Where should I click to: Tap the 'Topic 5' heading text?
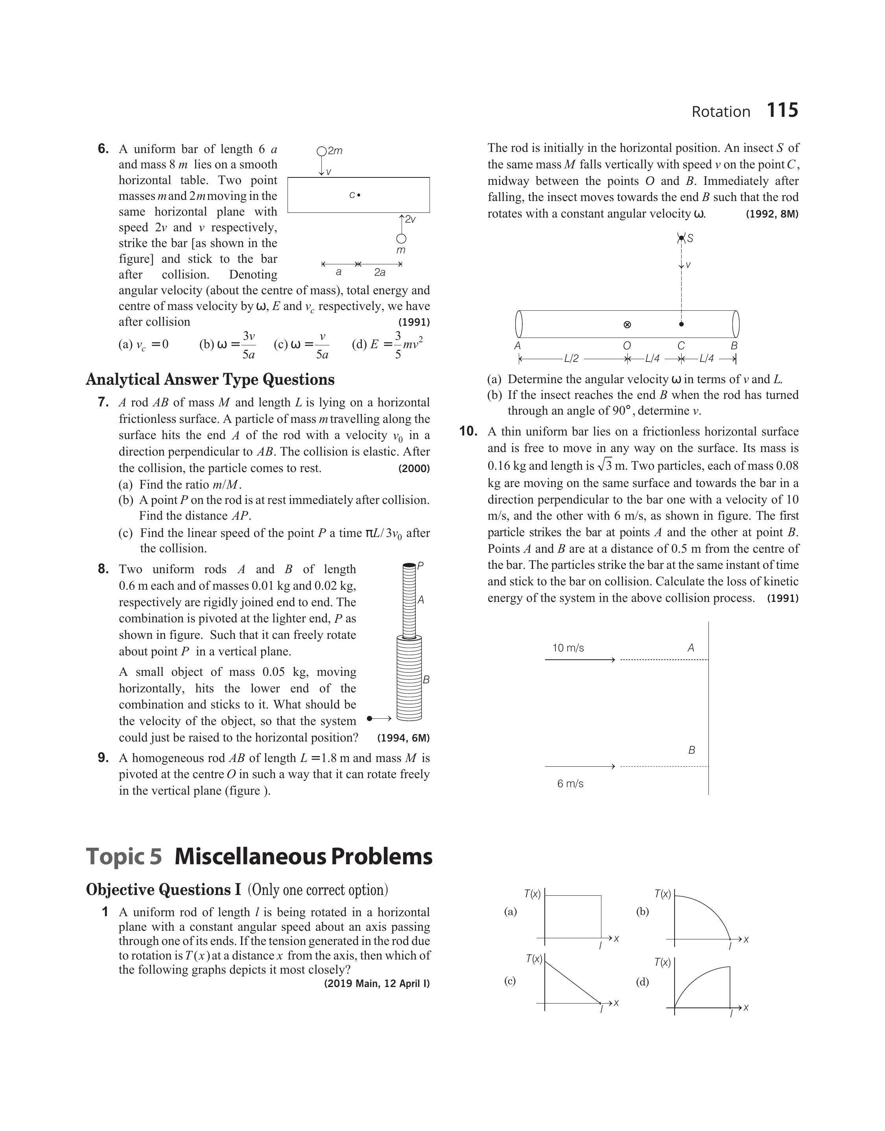pyautogui.click(x=124, y=856)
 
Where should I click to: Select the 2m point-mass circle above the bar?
pyautogui.click(x=321, y=151)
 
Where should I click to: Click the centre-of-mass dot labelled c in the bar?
pyautogui.click(x=359, y=196)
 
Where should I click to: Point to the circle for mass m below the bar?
pyautogui.click(x=401, y=239)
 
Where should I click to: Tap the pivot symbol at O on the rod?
pyautogui.click(x=627, y=325)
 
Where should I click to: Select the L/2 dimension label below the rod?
pyautogui.click(x=571, y=358)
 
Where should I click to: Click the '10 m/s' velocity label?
pyautogui.click(x=568, y=648)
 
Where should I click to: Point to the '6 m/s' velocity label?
pyautogui.click(x=570, y=783)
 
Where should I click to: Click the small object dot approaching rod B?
pyautogui.click(x=369, y=718)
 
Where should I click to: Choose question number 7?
pyautogui.click(x=103, y=402)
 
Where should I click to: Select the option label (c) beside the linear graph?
pyautogui.click(x=510, y=981)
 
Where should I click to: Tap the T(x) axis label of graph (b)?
pyautogui.click(x=662, y=894)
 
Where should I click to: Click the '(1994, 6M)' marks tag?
pyautogui.click(x=403, y=738)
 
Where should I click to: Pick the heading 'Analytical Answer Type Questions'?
pyautogui.click(x=210, y=379)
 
